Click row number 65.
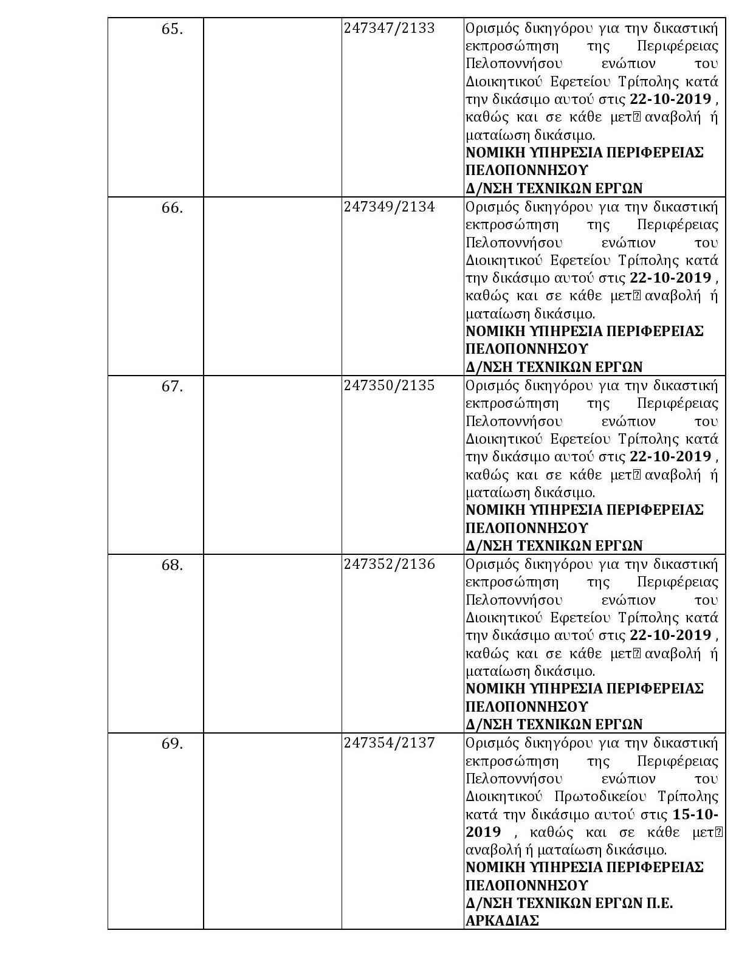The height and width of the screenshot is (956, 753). pos(172,29)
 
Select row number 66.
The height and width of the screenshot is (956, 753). pos(172,208)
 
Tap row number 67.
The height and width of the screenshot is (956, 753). pos(172,387)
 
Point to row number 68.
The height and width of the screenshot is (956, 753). pos(172,565)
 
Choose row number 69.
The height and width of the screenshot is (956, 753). pos(172,744)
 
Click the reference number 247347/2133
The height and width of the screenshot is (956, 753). pos(389,29)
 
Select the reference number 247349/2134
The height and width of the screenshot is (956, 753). pos(389,207)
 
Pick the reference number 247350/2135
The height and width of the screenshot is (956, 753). pos(389,386)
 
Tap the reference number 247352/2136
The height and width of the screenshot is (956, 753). pos(389,565)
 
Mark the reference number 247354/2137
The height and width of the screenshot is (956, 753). pos(389,743)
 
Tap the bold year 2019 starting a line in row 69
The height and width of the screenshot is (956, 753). pos(483,831)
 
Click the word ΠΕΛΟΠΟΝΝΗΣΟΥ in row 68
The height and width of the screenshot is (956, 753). pos(527,707)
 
